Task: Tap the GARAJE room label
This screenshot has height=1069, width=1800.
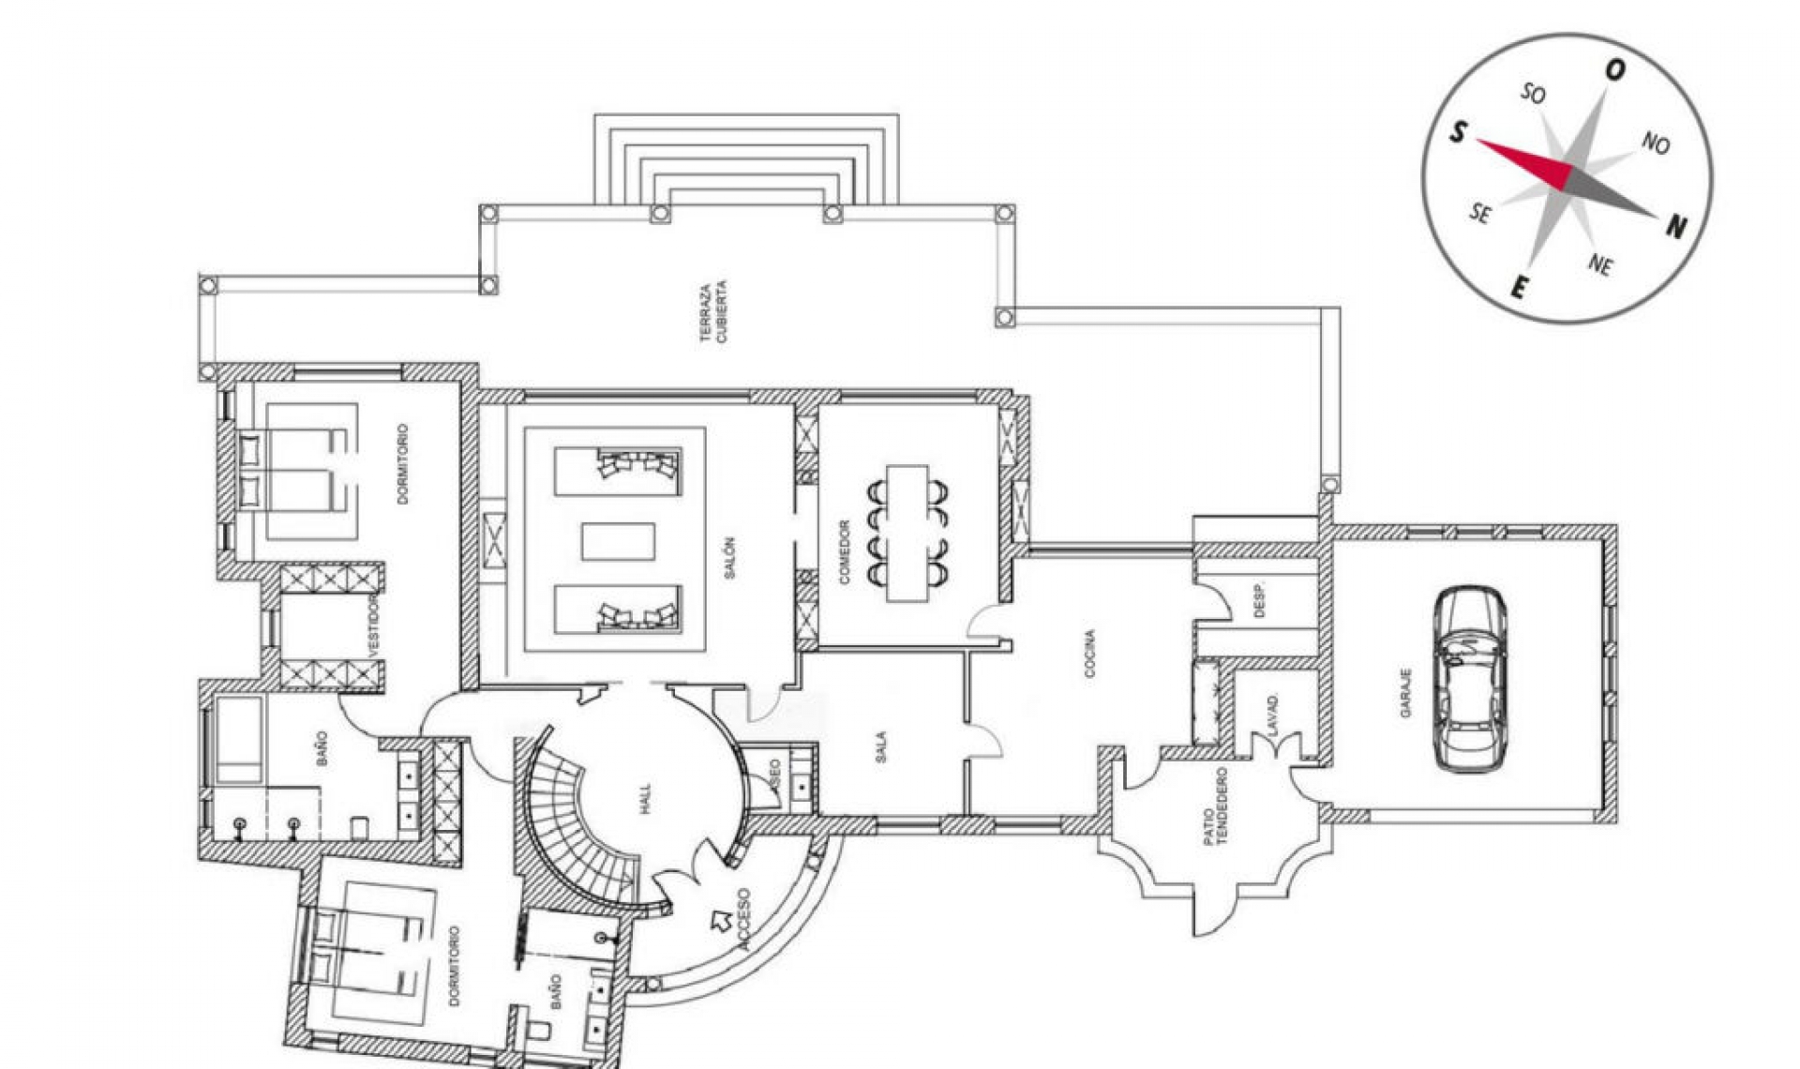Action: [1405, 693]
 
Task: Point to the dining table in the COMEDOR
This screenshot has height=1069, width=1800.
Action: [907, 532]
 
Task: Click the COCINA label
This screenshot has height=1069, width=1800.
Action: [1088, 654]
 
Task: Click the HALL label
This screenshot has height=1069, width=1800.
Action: [644, 799]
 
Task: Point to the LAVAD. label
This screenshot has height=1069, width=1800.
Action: [1272, 714]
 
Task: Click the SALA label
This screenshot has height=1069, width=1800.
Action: [880, 747]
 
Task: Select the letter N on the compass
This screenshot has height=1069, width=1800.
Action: [1676, 225]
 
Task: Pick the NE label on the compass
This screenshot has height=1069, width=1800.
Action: [1600, 265]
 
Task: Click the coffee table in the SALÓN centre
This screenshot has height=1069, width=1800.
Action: [618, 542]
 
